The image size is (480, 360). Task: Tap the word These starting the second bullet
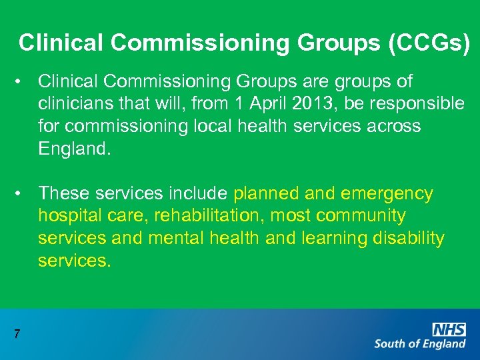click(65, 193)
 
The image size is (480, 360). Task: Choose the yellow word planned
click(267, 193)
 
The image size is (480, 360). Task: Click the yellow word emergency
click(387, 193)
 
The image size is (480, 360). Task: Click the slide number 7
click(17, 334)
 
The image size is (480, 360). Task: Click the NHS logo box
click(449, 329)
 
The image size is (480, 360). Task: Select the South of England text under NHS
click(420, 344)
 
